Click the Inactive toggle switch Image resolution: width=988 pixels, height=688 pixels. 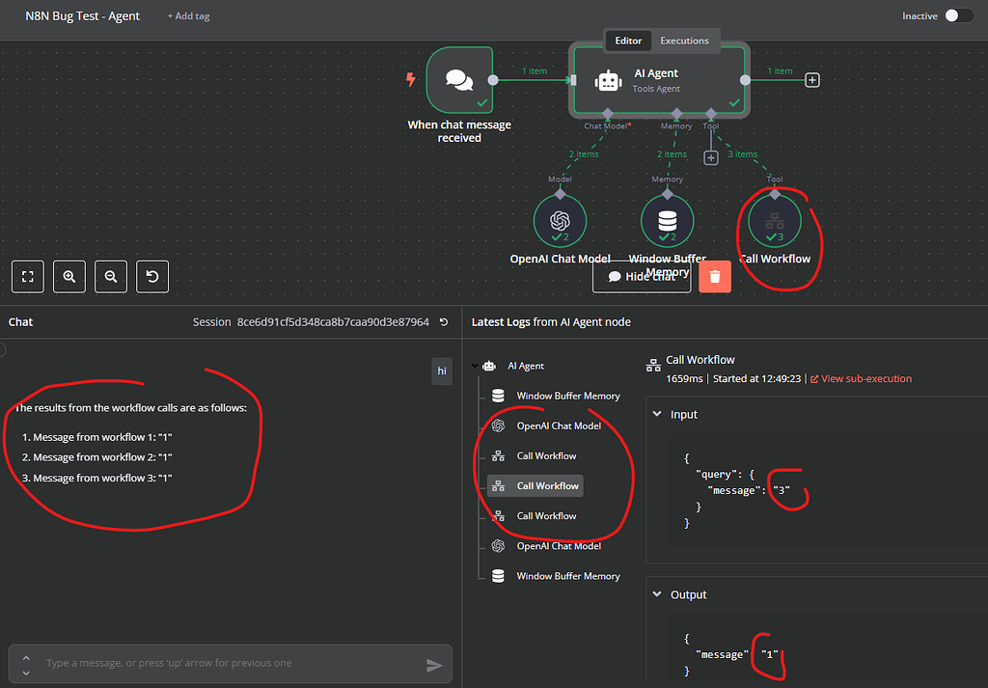coord(958,15)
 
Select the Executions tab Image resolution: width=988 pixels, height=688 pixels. coord(684,41)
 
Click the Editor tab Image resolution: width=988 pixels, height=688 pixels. coord(628,41)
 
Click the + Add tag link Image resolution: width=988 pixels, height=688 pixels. coord(188,16)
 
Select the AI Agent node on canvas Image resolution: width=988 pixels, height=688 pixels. coord(658,80)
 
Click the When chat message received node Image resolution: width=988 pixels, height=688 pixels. coord(459,80)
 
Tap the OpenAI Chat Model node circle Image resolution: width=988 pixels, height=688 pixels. coord(560,221)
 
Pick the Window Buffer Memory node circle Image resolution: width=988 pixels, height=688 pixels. coord(667,221)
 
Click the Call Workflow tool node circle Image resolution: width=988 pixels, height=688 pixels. coord(775,221)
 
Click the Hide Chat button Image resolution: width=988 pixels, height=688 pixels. coord(642,277)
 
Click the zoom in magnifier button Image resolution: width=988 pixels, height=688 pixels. coord(69,276)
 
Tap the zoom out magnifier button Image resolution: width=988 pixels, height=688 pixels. coord(111,276)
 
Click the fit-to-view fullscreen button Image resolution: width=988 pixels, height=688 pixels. coord(28,276)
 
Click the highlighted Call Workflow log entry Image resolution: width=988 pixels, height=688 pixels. coord(546,486)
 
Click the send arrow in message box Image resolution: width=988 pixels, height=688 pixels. coord(434,665)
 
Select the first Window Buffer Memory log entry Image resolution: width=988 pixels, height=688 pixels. coord(567,396)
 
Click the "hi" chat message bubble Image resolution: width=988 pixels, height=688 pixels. coord(442,371)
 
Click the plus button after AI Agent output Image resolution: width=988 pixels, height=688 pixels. coord(812,80)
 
